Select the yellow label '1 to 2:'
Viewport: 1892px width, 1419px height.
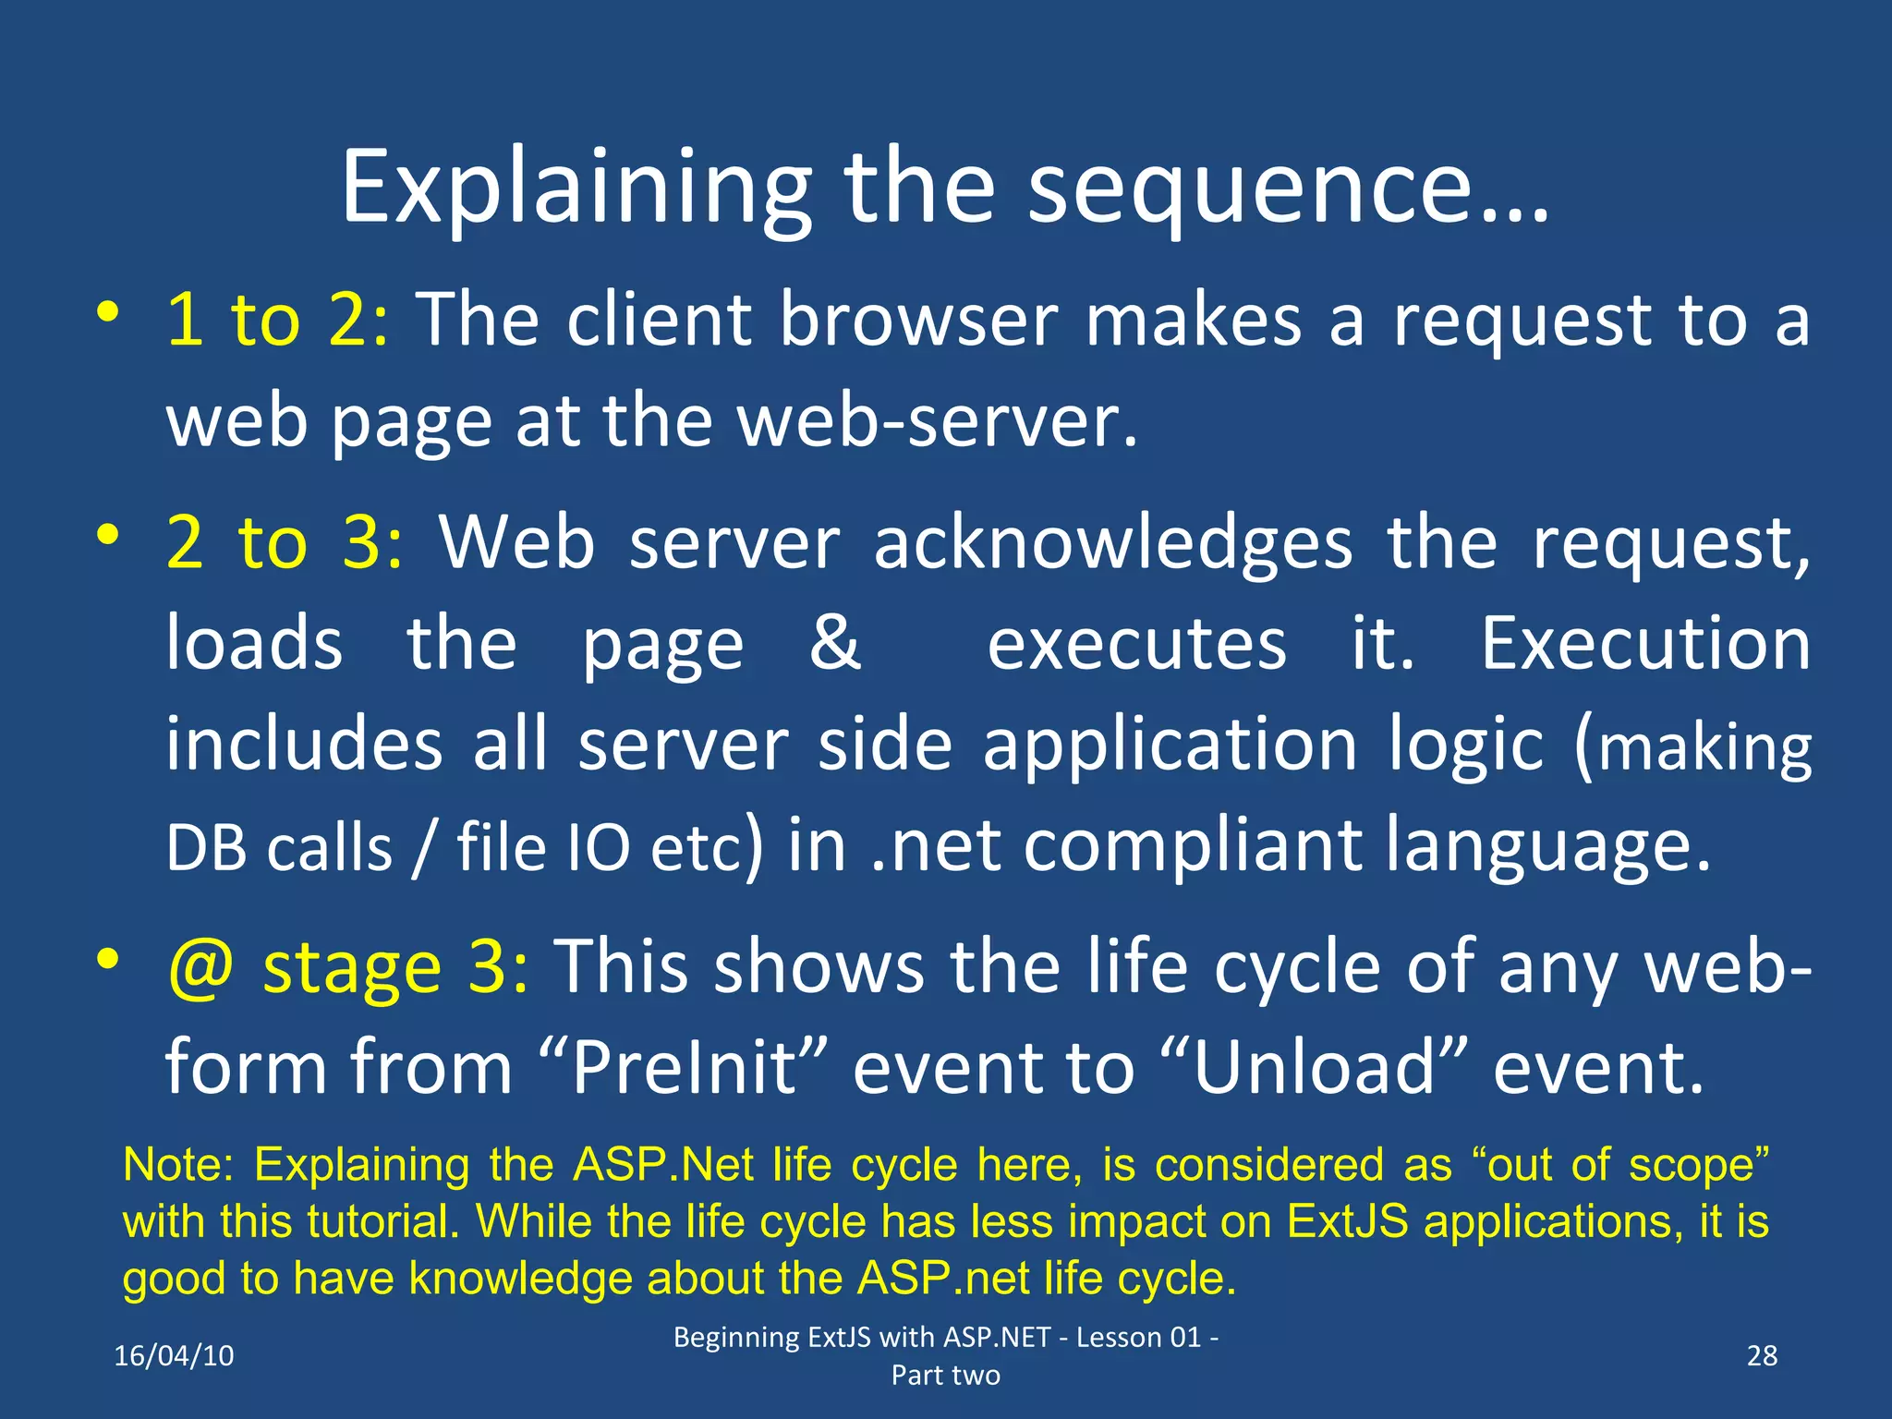pyautogui.click(x=277, y=321)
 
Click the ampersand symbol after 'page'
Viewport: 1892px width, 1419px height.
pyautogui.click(x=834, y=643)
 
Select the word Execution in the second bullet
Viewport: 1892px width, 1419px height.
pyautogui.click(x=1644, y=643)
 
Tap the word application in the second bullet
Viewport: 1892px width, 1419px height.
pyautogui.click(x=1169, y=745)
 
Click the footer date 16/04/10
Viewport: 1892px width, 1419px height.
pyautogui.click(x=174, y=1355)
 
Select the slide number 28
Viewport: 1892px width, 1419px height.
pyautogui.click(x=1762, y=1355)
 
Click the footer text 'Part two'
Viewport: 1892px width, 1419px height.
pyautogui.click(x=945, y=1376)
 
